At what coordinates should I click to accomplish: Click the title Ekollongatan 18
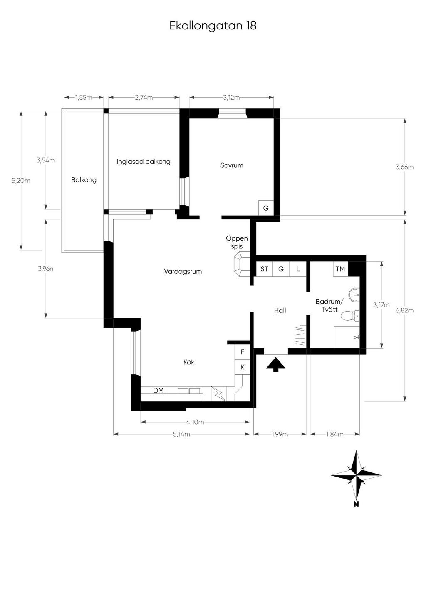[x=213, y=26]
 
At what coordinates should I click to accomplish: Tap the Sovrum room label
[x=232, y=165]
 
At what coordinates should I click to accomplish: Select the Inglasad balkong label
[x=144, y=162]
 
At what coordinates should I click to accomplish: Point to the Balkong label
[x=84, y=180]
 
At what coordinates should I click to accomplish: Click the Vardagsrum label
[x=183, y=272]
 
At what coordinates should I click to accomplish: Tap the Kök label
[x=189, y=362]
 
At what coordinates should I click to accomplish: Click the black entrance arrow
[x=276, y=364]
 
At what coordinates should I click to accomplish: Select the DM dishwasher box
[x=159, y=391]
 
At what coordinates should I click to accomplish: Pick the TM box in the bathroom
[x=340, y=269]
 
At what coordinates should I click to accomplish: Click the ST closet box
[x=264, y=269]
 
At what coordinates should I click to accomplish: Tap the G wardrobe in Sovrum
[x=266, y=208]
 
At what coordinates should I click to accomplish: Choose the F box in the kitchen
[x=243, y=352]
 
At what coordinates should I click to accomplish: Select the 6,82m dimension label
[x=404, y=310]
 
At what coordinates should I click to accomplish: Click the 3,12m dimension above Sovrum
[x=231, y=98]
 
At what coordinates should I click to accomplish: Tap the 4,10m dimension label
[x=195, y=422]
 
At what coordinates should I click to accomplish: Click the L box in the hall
[x=298, y=269]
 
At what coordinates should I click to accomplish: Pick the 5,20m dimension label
[x=21, y=181]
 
